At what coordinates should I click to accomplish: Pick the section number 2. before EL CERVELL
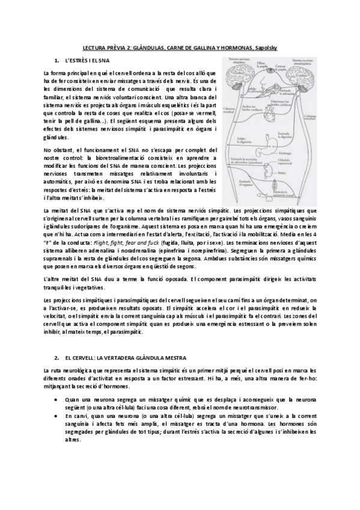pyautogui.click(x=56, y=357)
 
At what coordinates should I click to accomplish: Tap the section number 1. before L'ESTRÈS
pyautogui.click(x=56, y=61)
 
